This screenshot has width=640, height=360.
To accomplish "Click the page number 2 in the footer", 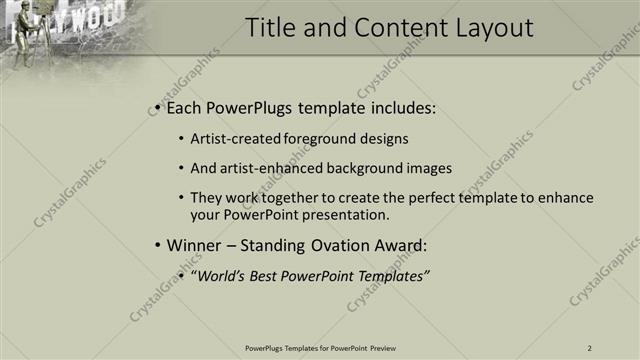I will point(590,348).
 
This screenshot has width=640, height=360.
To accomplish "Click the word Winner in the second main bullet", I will point(196,244).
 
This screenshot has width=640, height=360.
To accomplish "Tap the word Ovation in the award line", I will point(342,244).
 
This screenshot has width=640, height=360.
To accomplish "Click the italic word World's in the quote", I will point(222,274).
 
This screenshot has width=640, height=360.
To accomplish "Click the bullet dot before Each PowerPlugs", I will point(159,107).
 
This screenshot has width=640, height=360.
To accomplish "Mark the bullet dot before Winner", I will point(159,244).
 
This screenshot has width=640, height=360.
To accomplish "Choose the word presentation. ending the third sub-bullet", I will point(350,214).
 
